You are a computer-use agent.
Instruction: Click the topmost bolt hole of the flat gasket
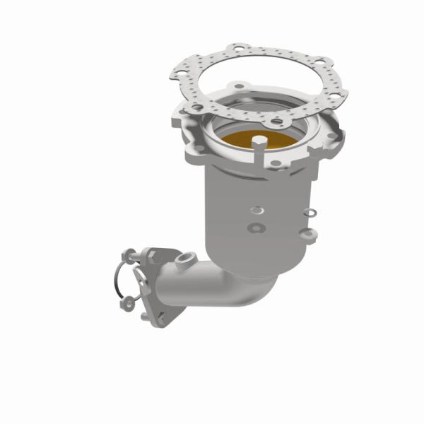[x=243, y=50]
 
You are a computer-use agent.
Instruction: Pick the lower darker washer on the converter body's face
[x=255, y=228]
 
